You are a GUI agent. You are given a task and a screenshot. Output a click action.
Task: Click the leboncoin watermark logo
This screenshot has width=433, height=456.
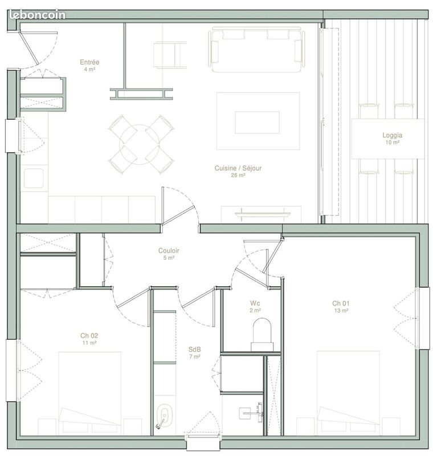[38, 15]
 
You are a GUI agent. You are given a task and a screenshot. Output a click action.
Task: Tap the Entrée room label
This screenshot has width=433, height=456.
[90, 62]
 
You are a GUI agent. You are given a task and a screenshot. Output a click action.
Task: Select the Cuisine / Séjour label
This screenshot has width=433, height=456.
[238, 168]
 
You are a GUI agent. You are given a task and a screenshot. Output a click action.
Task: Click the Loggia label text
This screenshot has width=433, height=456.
[392, 136]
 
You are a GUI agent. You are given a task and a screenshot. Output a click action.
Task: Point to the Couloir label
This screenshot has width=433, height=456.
[169, 250]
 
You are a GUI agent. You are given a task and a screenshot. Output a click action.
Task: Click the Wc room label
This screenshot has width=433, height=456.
[255, 303]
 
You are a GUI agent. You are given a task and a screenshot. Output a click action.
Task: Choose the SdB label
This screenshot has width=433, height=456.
[195, 349]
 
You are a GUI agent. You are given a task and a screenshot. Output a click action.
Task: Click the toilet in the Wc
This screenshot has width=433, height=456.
[263, 334]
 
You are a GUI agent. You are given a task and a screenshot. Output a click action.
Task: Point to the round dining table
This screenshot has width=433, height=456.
[141, 144]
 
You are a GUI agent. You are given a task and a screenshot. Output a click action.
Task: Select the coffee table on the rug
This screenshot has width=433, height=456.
[257, 122]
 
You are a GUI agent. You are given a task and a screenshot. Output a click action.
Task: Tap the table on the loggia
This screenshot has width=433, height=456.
[387, 138]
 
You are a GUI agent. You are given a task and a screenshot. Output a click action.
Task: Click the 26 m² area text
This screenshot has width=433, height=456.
[238, 176]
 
